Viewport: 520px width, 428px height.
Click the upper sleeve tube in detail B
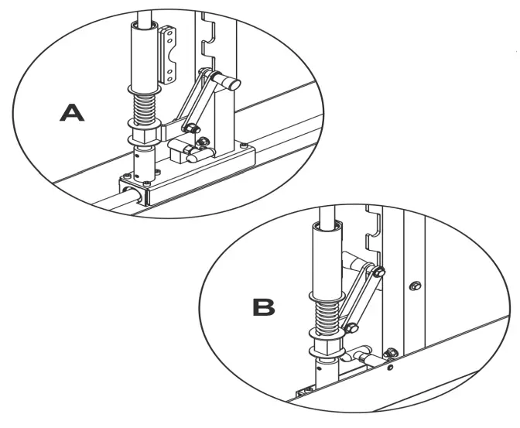[326, 259]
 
